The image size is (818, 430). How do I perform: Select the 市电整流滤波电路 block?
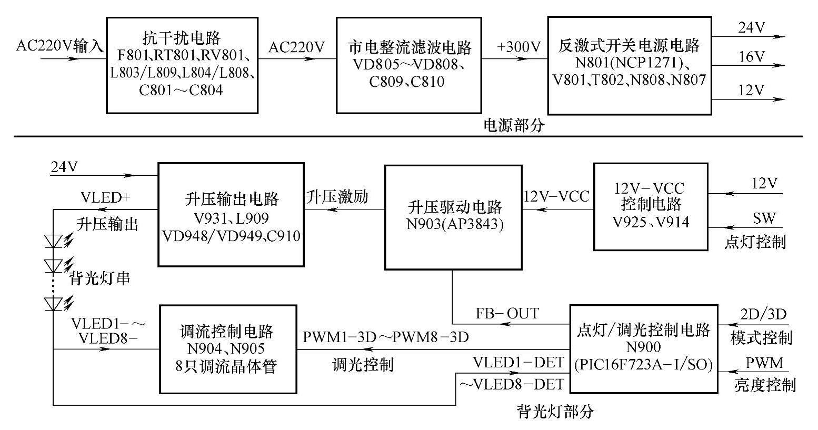pyautogui.click(x=409, y=65)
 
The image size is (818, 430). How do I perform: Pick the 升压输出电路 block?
pyautogui.click(x=231, y=214)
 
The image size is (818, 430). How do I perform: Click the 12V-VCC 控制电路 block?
pyautogui.click(x=651, y=206)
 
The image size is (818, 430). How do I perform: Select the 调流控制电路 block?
pyautogui.click(x=228, y=349)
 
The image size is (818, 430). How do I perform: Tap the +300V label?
pyautogui.click(x=519, y=47)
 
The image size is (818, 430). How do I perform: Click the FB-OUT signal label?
pyautogui.click(x=507, y=314)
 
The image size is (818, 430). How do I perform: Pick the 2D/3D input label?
pyautogui.click(x=763, y=315)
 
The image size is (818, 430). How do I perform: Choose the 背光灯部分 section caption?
pyautogui.click(x=555, y=411)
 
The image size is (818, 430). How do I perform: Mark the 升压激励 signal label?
pyautogui.click(x=337, y=197)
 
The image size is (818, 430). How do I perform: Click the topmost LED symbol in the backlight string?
pyautogui.click(x=54, y=241)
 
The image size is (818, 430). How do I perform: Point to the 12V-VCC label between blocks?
pyautogui.click(x=557, y=196)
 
